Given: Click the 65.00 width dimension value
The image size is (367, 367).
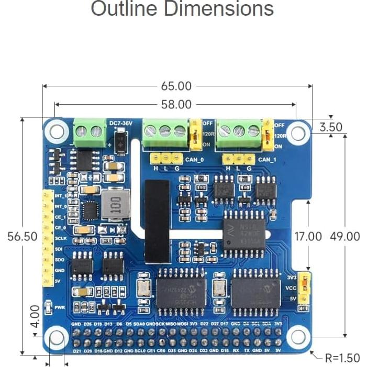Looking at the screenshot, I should point(176,86).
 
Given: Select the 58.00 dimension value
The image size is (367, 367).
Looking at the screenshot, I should point(176,105).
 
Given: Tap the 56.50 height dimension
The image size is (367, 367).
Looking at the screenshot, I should point(23,236).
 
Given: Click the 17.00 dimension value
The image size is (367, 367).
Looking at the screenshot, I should point(308,236).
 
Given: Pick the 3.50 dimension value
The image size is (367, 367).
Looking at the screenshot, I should point(331,127).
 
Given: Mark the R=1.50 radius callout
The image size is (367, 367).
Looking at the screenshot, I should point(342,358).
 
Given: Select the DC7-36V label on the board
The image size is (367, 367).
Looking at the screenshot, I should point(120,123).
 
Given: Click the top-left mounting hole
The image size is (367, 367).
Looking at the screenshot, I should point(57,130).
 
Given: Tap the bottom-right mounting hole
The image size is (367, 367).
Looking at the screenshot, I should point(297,336).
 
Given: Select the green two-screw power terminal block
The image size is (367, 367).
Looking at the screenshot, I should point(88,130).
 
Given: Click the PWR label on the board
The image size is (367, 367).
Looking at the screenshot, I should point(60,308).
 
